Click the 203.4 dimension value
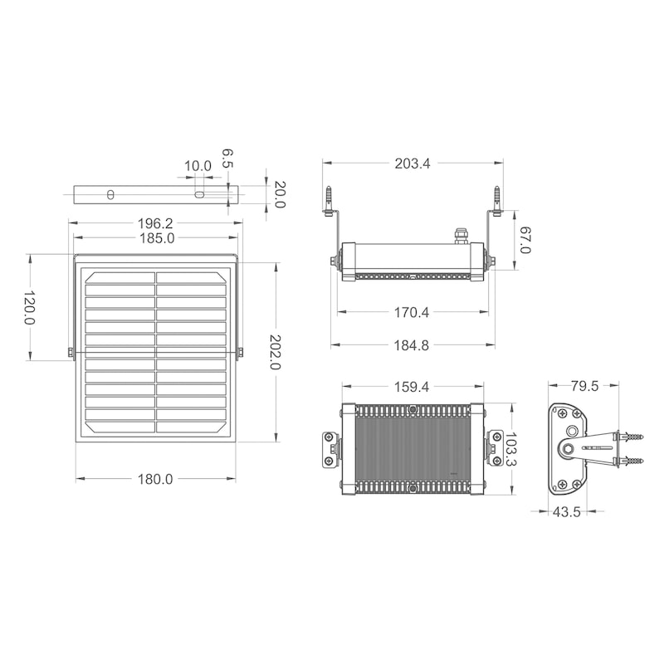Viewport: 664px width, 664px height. click(412, 164)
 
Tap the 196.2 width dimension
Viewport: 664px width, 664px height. click(155, 223)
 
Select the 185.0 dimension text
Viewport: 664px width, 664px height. click(157, 238)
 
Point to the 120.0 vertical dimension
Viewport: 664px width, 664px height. click(29, 307)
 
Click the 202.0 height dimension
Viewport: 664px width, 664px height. click(276, 352)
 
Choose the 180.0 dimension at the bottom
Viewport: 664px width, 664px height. click(155, 480)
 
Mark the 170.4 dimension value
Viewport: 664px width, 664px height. click(412, 313)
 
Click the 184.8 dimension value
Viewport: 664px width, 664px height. click(412, 345)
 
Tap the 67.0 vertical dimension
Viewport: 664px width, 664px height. click(525, 240)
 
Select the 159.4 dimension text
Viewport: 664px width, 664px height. click(412, 387)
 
